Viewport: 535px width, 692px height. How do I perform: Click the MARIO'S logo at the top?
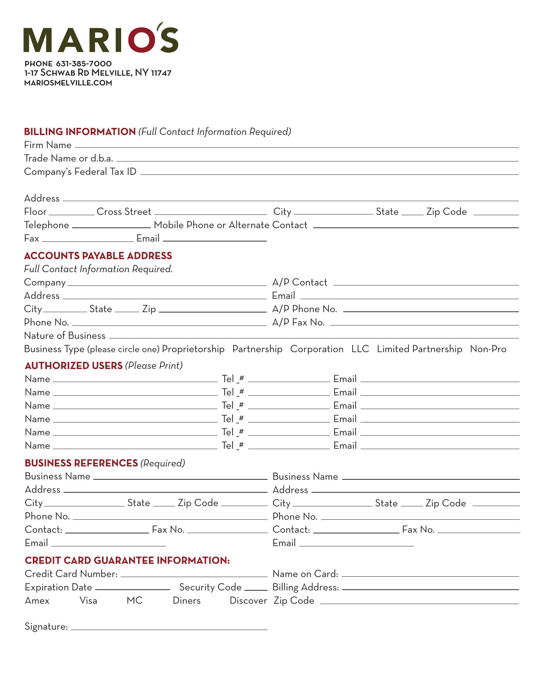coord(101,38)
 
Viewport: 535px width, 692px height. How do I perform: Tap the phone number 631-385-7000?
coord(84,64)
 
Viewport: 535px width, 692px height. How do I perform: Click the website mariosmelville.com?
coord(68,83)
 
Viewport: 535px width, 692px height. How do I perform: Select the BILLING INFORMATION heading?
coord(80,132)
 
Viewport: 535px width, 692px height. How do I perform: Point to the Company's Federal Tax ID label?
coord(80,172)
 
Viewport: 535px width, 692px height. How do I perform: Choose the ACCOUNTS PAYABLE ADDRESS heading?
coord(98,256)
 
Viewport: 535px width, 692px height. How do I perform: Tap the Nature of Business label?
coord(65,336)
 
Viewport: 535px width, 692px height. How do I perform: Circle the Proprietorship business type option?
coord(193,349)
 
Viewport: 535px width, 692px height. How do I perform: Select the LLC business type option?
coord(360,349)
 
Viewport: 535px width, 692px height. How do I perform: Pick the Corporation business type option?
coord(317,349)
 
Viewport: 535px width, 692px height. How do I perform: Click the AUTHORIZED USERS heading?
coord(74,366)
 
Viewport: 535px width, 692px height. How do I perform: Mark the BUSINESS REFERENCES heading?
coord(81,463)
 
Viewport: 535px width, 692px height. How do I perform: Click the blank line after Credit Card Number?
coord(194,574)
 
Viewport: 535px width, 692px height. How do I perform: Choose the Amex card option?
coord(37,601)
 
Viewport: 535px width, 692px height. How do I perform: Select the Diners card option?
coord(187,601)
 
